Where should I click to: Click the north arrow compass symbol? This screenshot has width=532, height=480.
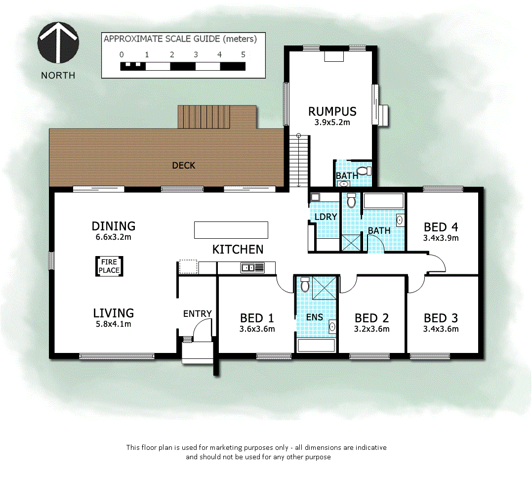pyautogui.click(x=58, y=44)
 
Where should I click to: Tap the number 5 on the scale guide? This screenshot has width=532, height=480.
pyautogui.click(x=243, y=54)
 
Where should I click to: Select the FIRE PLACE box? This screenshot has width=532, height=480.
pyautogui.click(x=109, y=266)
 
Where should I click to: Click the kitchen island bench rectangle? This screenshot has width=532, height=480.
pyautogui.click(x=231, y=230)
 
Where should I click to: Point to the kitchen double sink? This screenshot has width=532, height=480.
pyautogui.click(x=252, y=268)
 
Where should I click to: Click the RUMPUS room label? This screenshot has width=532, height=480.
pyautogui.click(x=332, y=111)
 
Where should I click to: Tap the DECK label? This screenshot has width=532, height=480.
pyautogui.click(x=183, y=165)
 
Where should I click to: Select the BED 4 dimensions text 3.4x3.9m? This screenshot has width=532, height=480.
pyautogui.click(x=441, y=238)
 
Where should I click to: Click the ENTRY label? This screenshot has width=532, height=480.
pyautogui.click(x=197, y=313)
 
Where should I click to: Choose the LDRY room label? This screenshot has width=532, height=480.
pyautogui.click(x=326, y=216)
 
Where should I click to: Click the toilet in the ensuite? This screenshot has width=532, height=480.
pyautogui.click(x=305, y=285)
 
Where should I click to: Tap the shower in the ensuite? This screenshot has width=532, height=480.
pyautogui.click(x=324, y=287)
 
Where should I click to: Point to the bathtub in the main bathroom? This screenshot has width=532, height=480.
pyautogui.click(x=383, y=200)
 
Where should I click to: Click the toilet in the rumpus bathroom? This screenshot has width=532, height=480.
pyautogui.click(x=364, y=171)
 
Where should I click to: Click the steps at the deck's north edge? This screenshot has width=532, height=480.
pyautogui.click(x=217, y=117)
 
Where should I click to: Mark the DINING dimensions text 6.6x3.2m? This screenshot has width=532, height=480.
pyautogui.click(x=114, y=237)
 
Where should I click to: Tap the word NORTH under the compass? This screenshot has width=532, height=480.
pyautogui.click(x=58, y=75)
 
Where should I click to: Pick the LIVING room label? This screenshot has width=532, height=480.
pyautogui.click(x=114, y=313)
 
